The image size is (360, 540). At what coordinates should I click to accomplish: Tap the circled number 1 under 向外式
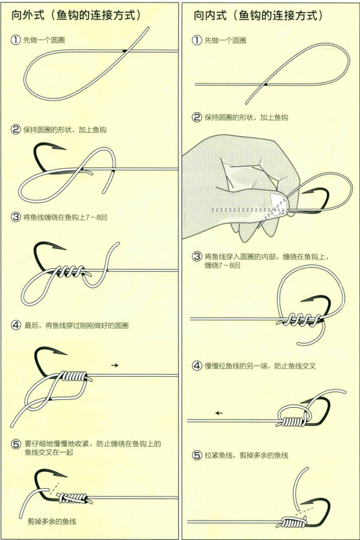tap(16, 40)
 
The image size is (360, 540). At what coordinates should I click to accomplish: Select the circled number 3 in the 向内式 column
tap(197, 257)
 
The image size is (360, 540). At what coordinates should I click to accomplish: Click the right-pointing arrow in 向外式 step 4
tap(115, 366)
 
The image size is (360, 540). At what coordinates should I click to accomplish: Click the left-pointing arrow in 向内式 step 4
tap(219, 413)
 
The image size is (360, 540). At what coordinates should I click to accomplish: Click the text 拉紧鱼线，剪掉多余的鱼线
tap(246, 456)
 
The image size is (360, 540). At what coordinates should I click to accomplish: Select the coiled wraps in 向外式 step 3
tap(72, 270)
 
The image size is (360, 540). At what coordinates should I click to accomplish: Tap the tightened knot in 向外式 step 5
tap(72, 497)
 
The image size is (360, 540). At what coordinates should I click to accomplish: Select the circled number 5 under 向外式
tap(16, 444)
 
